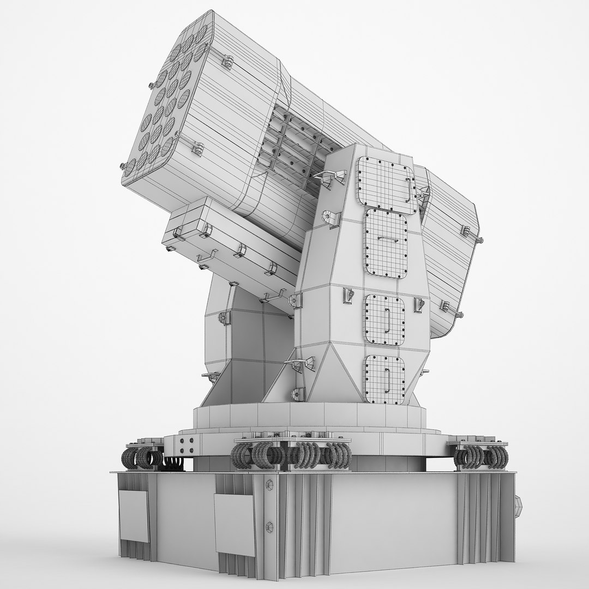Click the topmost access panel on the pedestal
point(386,183)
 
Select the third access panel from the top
point(384,320)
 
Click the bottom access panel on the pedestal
point(384,380)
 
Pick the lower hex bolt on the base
point(269,526)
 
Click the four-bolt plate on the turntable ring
point(185,445)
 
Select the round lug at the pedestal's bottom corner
point(298,393)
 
